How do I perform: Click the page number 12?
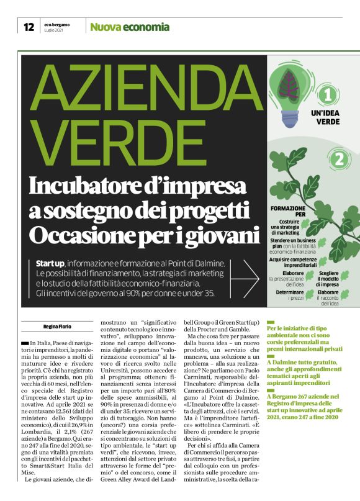point(28,27)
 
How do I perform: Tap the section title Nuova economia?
point(129,27)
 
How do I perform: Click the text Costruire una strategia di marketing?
point(286,227)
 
